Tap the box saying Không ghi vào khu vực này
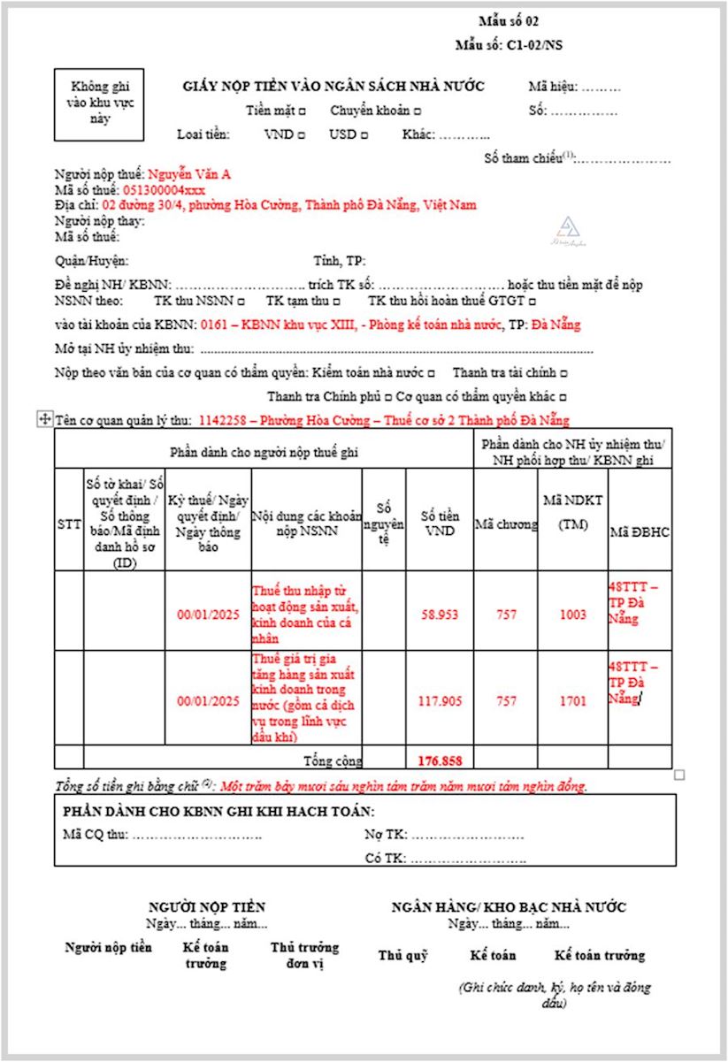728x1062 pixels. (x=98, y=103)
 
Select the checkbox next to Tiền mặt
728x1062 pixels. (x=303, y=111)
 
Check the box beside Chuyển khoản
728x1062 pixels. (x=418, y=111)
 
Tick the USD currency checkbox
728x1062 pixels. (x=364, y=135)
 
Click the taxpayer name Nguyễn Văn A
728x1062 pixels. (x=189, y=174)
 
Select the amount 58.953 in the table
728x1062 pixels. (x=440, y=615)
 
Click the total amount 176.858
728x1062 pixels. (x=440, y=760)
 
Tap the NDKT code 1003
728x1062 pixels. (x=572, y=615)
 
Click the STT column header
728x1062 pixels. (x=68, y=524)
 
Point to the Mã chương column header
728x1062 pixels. (x=506, y=524)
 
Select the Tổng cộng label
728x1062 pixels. (x=333, y=760)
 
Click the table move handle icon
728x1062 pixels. (x=44, y=420)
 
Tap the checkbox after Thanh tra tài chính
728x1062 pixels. (x=564, y=373)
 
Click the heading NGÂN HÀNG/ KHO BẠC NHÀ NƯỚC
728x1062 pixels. (x=509, y=907)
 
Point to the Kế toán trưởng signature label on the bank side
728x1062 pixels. (x=599, y=955)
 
